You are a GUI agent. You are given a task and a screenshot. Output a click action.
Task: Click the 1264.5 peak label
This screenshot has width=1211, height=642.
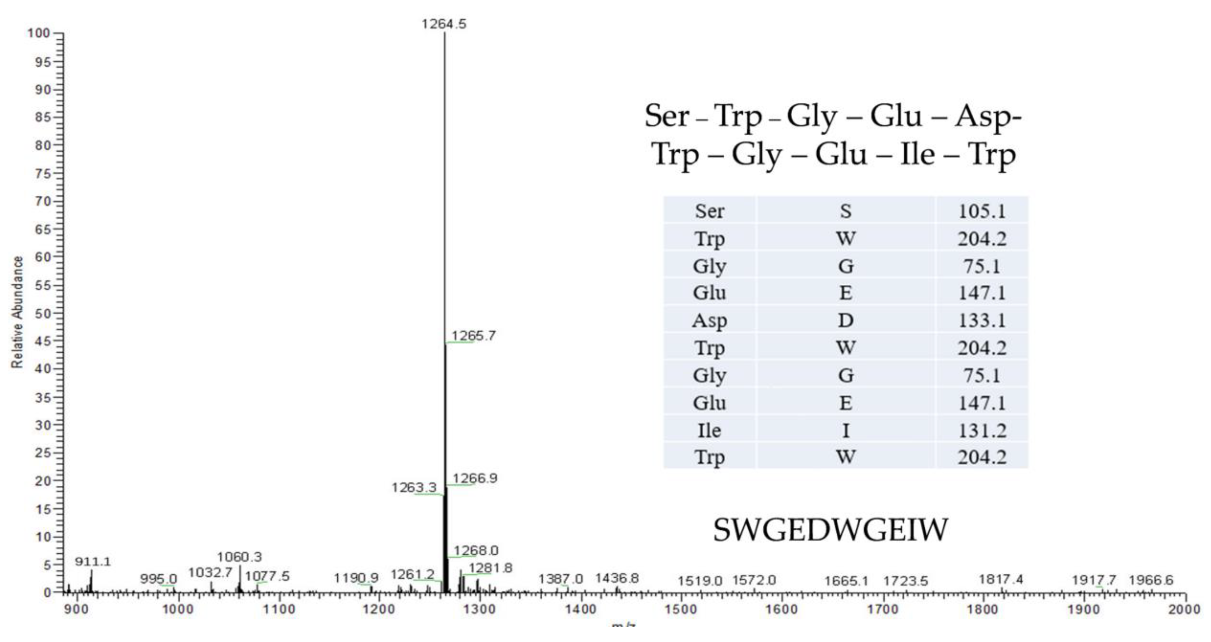pyautogui.click(x=444, y=24)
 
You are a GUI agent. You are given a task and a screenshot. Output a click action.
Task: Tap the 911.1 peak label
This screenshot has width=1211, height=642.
pyautogui.click(x=93, y=562)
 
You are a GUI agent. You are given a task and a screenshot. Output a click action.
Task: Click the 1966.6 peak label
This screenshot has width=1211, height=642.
pyautogui.click(x=1151, y=580)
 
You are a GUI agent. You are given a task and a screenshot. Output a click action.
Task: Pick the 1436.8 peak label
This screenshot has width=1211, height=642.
pyautogui.click(x=617, y=579)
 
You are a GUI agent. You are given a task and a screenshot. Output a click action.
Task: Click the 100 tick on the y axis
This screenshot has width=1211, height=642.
pyautogui.click(x=38, y=33)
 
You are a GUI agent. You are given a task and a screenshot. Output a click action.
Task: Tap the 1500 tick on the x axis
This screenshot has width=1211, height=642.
pyautogui.click(x=681, y=610)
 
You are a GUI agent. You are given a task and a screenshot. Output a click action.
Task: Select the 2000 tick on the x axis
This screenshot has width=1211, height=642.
pyautogui.click(x=1184, y=610)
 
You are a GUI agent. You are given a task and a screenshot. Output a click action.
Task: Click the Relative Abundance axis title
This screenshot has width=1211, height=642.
pyautogui.click(x=17, y=313)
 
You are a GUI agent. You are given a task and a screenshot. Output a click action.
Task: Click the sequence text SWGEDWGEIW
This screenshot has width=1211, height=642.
pyautogui.click(x=830, y=530)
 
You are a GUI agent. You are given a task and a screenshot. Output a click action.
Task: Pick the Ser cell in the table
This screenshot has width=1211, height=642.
pyautogui.click(x=710, y=211)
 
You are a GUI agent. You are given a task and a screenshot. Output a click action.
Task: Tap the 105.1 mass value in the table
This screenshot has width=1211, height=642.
pyautogui.click(x=982, y=211)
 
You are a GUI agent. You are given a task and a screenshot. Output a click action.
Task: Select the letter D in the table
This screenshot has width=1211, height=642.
pyautogui.click(x=845, y=321)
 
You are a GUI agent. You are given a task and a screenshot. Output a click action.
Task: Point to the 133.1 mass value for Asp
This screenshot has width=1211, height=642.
pyautogui.click(x=982, y=321)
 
